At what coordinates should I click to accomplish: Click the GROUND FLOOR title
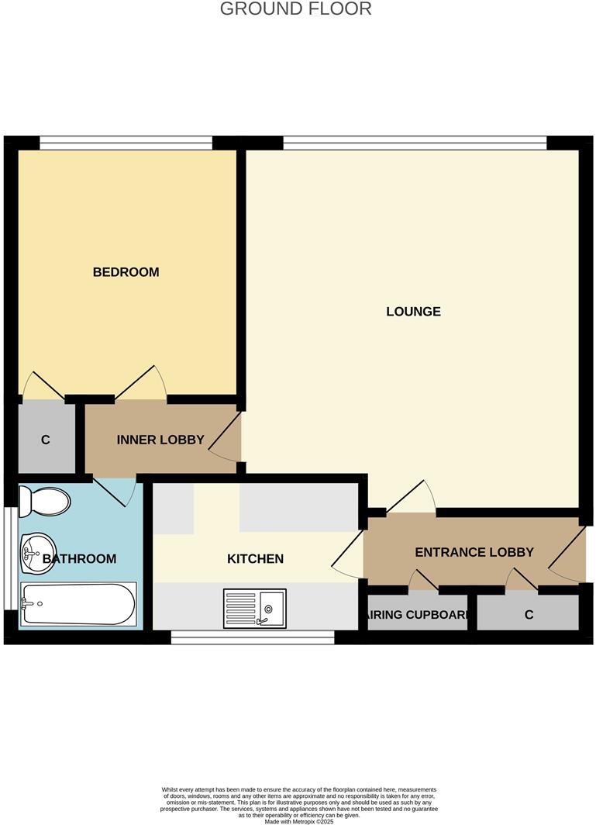point(296,9)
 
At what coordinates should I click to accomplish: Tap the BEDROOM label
point(126,272)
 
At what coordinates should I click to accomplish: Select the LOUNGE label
point(413,312)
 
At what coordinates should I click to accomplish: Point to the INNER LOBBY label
point(160,440)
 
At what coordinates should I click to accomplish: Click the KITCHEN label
point(255,559)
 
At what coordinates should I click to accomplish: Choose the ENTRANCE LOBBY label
point(474,553)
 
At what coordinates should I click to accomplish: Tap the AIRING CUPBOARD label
point(418,616)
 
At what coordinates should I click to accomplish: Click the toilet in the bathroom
point(44,501)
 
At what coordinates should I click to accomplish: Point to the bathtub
point(78,604)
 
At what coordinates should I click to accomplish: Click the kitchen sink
point(255,607)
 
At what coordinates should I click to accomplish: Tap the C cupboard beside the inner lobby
point(46,440)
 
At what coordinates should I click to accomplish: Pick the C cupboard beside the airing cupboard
point(529,615)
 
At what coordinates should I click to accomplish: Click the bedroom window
point(126,143)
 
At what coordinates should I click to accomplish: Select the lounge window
point(415,143)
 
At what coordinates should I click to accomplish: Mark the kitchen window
point(252,637)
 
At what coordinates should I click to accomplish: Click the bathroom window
point(8,558)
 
